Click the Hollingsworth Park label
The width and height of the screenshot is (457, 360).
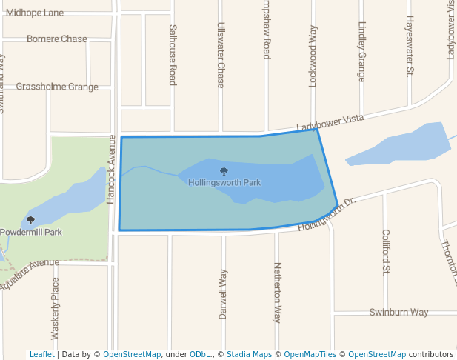click(x=224, y=182)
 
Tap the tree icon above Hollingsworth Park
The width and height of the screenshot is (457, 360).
click(x=224, y=172)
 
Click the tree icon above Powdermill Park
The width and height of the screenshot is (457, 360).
click(x=30, y=220)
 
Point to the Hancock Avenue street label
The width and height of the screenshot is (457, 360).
click(x=111, y=170)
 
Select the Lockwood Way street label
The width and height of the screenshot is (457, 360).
click(x=313, y=57)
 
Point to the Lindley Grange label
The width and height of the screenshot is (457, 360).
click(x=361, y=51)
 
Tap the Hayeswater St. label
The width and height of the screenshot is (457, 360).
click(x=409, y=47)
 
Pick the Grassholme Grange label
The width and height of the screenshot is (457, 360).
click(x=57, y=87)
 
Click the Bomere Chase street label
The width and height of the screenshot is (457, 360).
click(x=57, y=39)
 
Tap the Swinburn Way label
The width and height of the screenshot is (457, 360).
click(x=398, y=312)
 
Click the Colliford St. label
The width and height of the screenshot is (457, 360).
click(x=386, y=252)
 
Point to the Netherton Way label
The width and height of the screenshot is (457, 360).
click(x=278, y=292)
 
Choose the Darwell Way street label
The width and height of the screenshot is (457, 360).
click(x=223, y=294)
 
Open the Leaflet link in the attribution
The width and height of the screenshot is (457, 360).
click(x=41, y=354)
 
